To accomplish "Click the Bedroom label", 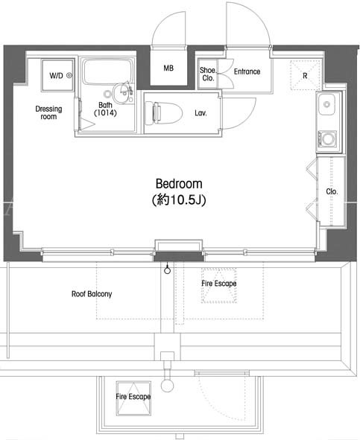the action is tap(179, 184).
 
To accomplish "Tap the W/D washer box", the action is tap(58, 75).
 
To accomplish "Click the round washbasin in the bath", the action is tap(122, 94).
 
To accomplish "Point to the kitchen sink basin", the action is tap(326, 104).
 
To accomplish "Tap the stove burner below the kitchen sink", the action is tap(328, 138).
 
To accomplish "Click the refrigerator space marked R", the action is tap(305, 74).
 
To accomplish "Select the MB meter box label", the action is tap(168, 68).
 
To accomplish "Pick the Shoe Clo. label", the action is tap(208, 74).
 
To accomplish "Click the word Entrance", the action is tap(247, 71).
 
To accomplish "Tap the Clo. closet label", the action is tap(332, 191).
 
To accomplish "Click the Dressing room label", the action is tap(48, 112).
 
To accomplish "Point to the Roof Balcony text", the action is tap(92, 294).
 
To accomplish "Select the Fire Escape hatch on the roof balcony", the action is tap(219, 286).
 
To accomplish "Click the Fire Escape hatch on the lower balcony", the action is tap(133, 398).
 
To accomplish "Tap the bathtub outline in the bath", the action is tap(107, 71).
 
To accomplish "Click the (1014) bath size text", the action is tap(105, 113).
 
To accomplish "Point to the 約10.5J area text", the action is tap(179, 200).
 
